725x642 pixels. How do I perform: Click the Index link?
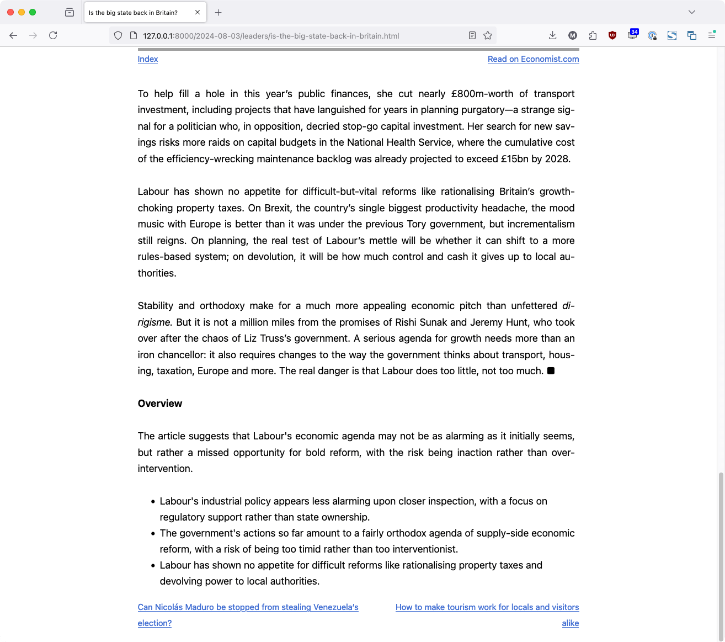click(x=148, y=59)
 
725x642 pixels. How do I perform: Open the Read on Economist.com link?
click(x=533, y=59)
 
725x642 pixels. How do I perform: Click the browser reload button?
click(x=53, y=35)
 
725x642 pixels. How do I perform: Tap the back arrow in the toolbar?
click(x=13, y=35)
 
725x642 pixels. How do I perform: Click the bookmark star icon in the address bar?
click(x=488, y=35)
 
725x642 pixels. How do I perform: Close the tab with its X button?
click(x=198, y=12)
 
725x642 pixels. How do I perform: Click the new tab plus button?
click(x=218, y=12)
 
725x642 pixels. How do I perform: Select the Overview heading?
click(x=160, y=404)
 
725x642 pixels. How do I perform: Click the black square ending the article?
click(x=551, y=371)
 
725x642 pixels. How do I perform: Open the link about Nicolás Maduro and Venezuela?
click(x=248, y=607)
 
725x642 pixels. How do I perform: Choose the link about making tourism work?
click(x=487, y=607)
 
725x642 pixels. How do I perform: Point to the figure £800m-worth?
click(x=482, y=94)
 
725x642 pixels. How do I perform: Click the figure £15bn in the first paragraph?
click(x=514, y=159)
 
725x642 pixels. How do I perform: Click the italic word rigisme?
click(x=154, y=322)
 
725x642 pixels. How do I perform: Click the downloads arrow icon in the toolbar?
click(x=552, y=35)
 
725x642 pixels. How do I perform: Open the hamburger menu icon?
click(x=712, y=35)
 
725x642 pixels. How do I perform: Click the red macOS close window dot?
click(x=10, y=12)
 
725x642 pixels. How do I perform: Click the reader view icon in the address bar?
click(x=472, y=35)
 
